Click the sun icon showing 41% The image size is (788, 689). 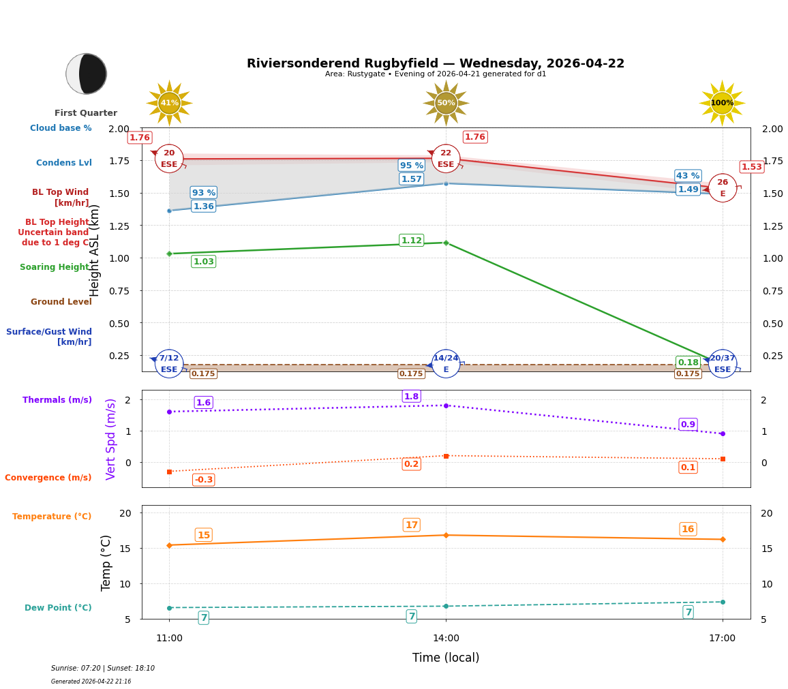[169, 103]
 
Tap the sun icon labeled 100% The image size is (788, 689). [722, 103]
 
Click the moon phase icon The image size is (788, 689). [87, 74]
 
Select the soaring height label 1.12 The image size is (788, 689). [411, 241]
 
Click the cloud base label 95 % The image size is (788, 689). [411, 166]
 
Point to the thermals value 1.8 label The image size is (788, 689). [411, 397]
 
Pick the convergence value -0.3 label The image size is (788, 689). [203, 480]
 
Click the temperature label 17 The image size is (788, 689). [411, 525]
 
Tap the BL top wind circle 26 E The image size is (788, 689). [723, 188]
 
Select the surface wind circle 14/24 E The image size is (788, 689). [446, 364]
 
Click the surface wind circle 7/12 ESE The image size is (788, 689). [169, 364]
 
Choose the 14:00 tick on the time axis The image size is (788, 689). [446, 639]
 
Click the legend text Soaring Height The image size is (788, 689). [55, 267]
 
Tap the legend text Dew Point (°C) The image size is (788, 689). [58, 608]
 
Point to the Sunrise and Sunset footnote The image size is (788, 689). [103, 669]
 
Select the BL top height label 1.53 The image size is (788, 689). [751, 167]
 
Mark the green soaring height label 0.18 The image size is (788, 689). [688, 363]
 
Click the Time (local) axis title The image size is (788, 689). [446, 658]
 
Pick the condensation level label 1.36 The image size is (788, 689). [203, 206]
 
